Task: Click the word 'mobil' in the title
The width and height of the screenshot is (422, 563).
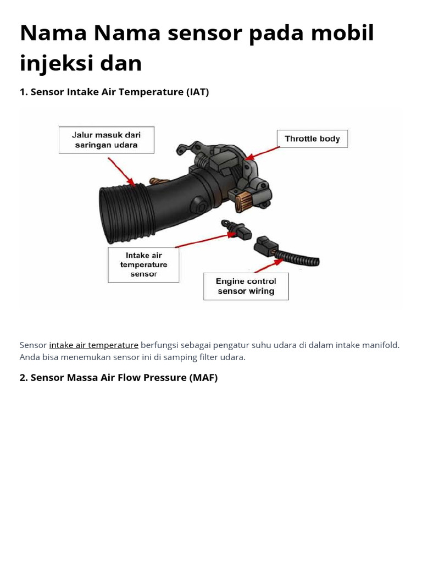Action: point(342,32)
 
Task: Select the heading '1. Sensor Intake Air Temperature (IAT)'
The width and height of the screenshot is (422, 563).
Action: point(114,92)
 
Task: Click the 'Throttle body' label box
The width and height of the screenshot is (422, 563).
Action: point(312,139)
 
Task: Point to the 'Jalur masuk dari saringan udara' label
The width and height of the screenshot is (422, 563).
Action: point(107,140)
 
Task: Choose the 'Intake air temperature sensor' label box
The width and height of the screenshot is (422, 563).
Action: point(143,264)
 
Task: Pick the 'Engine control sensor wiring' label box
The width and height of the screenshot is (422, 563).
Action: point(246,286)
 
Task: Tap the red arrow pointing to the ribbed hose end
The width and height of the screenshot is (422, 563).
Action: point(121,172)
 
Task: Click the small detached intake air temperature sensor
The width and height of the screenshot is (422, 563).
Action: point(236,230)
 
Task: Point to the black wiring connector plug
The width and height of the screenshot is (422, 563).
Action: point(265,246)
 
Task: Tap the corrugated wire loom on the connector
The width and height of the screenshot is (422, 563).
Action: point(298,258)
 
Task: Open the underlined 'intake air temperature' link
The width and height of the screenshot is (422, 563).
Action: point(93,345)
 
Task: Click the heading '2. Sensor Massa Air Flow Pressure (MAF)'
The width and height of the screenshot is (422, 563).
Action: point(119,378)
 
